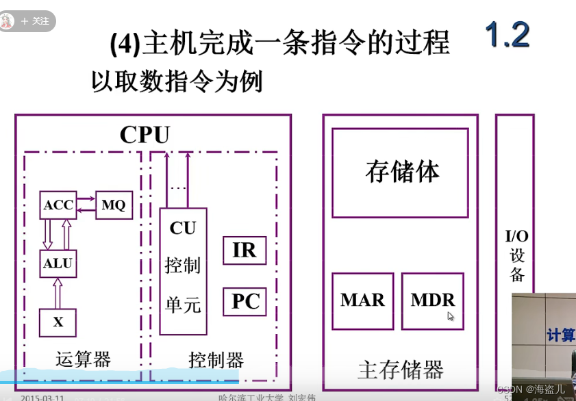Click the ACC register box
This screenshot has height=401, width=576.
point(58,205)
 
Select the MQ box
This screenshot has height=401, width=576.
point(114,205)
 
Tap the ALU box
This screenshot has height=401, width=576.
point(58,263)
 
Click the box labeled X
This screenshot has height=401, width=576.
point(58,322)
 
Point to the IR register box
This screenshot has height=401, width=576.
point(245,250)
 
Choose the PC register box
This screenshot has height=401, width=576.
point(245,301)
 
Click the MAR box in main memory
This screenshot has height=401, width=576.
point(362,300)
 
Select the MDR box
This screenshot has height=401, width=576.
point(433,300)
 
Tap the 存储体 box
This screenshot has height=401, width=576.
point(402,172)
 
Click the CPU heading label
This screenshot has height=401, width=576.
point(145,134)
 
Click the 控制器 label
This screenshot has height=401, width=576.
point(216,360)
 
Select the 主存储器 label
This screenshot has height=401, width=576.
point(401,370)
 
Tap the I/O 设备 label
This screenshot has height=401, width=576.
point(516,255)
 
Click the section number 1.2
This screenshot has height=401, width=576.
point(508,35)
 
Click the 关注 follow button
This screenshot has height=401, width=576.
point(35,21)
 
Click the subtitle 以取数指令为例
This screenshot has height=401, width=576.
point(177,82)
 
